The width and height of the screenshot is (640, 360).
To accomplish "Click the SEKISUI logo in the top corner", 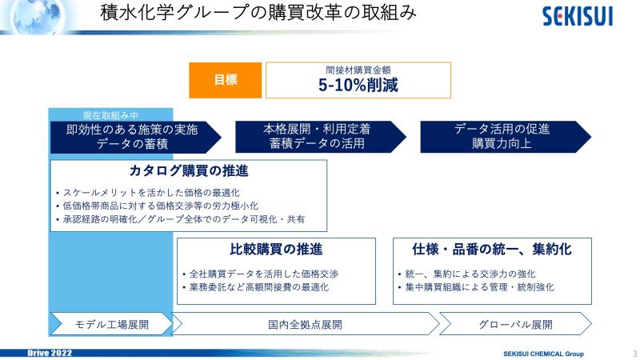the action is tap(578, 16).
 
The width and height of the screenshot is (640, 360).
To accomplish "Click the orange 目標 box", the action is tap(226, 80).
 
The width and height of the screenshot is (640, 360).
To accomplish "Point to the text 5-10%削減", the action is tap(358, 85).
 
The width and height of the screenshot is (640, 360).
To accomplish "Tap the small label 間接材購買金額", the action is tap(358, 70).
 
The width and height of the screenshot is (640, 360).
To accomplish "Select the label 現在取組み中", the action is tap(110, 115).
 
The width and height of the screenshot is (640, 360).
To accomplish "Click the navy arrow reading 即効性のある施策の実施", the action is tap(135, 137).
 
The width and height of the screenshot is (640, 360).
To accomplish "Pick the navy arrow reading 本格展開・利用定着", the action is tap(321, 137).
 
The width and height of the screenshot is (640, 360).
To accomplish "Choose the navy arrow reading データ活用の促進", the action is tap(506, 137).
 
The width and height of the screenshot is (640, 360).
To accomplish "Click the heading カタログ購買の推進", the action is tap(189, 170).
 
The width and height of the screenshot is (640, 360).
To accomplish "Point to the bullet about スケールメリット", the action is tap(148, 193).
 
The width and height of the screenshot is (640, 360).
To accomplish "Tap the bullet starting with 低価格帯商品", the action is tap(158, 206).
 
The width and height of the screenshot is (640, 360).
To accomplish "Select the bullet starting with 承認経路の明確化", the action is tap(181, 219).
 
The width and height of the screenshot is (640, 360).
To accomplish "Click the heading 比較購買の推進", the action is tap(276, 249).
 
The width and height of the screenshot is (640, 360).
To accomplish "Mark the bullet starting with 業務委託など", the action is tap(256, 287).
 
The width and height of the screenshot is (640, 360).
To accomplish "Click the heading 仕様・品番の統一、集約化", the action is tap(492, 249).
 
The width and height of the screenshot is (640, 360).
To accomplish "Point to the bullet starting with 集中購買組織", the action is tap(476, 287).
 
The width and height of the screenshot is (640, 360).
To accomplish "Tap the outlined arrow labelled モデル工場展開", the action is tap(111, 325).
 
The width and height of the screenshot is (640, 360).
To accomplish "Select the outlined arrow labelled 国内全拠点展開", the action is tap(305, 325).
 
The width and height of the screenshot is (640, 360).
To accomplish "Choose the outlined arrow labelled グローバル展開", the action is tap(515, 325).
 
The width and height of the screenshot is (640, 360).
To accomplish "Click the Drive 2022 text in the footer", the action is tap(50, 353).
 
